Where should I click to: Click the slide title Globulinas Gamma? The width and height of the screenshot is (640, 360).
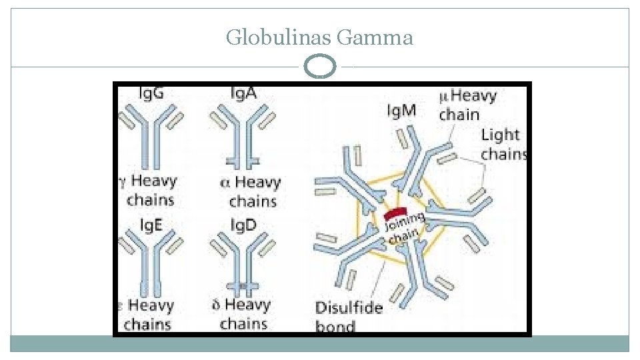(x=319, y=37)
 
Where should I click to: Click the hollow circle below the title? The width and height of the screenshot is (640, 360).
(x=319, y=67)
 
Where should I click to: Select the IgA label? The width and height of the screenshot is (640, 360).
(x=243, y=93)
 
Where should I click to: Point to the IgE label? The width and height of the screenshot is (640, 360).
(x=150, y=225)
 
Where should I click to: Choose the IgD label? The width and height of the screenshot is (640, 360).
(x=243, y=225)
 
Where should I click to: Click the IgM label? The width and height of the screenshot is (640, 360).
(x=401, y=110)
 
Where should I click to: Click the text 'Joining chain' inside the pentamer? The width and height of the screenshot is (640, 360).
(x=404, y=228)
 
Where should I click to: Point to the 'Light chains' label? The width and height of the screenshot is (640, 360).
(x=503, y=144)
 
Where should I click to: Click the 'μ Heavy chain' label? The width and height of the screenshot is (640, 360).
(x=467, y=105)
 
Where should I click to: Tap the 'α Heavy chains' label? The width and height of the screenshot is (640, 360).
(x=251, y=191)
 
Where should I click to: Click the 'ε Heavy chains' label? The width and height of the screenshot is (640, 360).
(x=148, y=315)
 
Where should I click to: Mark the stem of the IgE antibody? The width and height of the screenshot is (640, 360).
(x=152, y=277)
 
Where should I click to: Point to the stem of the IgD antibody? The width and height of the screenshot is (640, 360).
(x=243, y=277)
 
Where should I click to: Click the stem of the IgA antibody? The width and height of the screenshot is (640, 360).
(x=243, y=150)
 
